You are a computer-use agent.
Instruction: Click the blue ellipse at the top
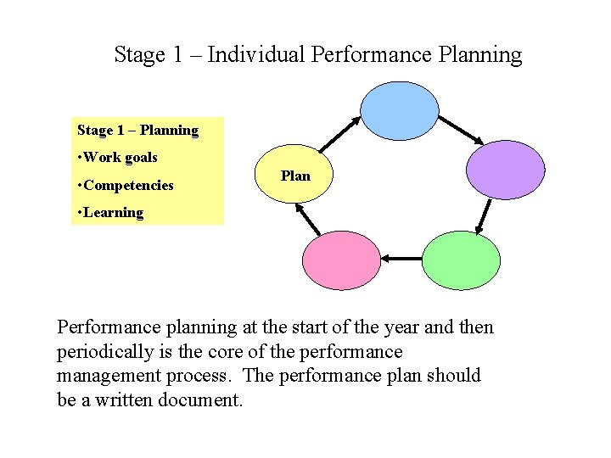(400, 110)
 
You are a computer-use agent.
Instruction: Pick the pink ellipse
(342, 260)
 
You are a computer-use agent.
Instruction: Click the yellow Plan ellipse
(295, 176)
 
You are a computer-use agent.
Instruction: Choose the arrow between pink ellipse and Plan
(309, 218)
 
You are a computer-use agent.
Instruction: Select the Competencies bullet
(128, 185)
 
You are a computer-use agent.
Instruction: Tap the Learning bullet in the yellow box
(113, 212)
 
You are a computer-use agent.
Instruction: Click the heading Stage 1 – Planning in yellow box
(137, 131)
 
